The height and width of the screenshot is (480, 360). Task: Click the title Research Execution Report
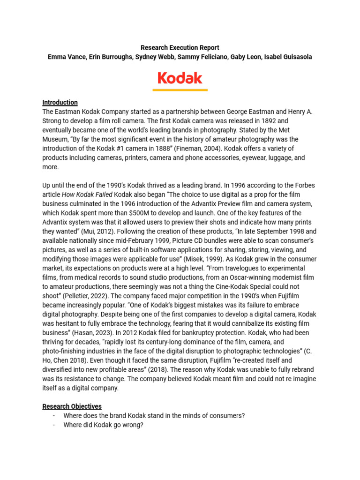click(x=180, y=48)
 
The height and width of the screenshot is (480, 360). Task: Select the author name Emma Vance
click(x=65, y=57)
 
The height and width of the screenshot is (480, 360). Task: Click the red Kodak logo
click(x=180, y=78)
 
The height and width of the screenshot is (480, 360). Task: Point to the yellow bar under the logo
click(x=180, y=90)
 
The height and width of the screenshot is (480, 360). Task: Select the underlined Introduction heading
click(x=60, y=102)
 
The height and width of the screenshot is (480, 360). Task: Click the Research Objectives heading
click(x=72, y=406)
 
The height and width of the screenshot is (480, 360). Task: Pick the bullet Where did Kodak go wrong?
click(x=103, y=425)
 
